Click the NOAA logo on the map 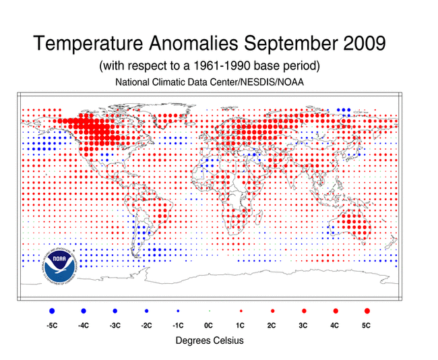point(61,265)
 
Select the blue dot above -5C point(52,311)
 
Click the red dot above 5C point(367,311)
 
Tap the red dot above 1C point(241,311)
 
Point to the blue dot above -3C point(115,311)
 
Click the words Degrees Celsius point(210,341)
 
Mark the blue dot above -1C point(178,311)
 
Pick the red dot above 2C point(272,311)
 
